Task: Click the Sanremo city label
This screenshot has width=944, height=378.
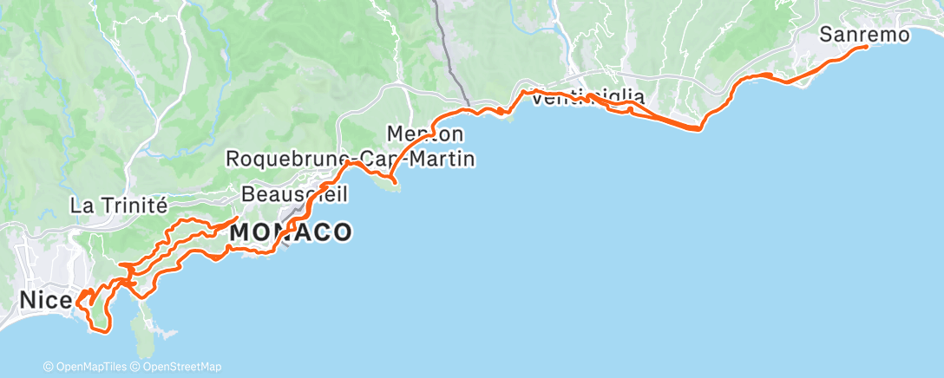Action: [x=864, y=36]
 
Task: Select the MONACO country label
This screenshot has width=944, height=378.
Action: [x=290, y=232]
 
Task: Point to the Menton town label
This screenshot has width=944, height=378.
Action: [x=425, y=134]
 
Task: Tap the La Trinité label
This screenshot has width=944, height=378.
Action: [x=117, y=206]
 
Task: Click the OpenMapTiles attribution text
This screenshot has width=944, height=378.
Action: [x=88, y=367]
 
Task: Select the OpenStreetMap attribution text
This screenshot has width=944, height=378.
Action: [x=179, y=367]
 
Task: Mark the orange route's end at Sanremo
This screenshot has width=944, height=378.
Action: [x=866, y=47]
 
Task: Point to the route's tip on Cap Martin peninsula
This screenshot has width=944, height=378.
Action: [x=395, y=182]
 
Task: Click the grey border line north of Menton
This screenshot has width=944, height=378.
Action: [x=448, y=52]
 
